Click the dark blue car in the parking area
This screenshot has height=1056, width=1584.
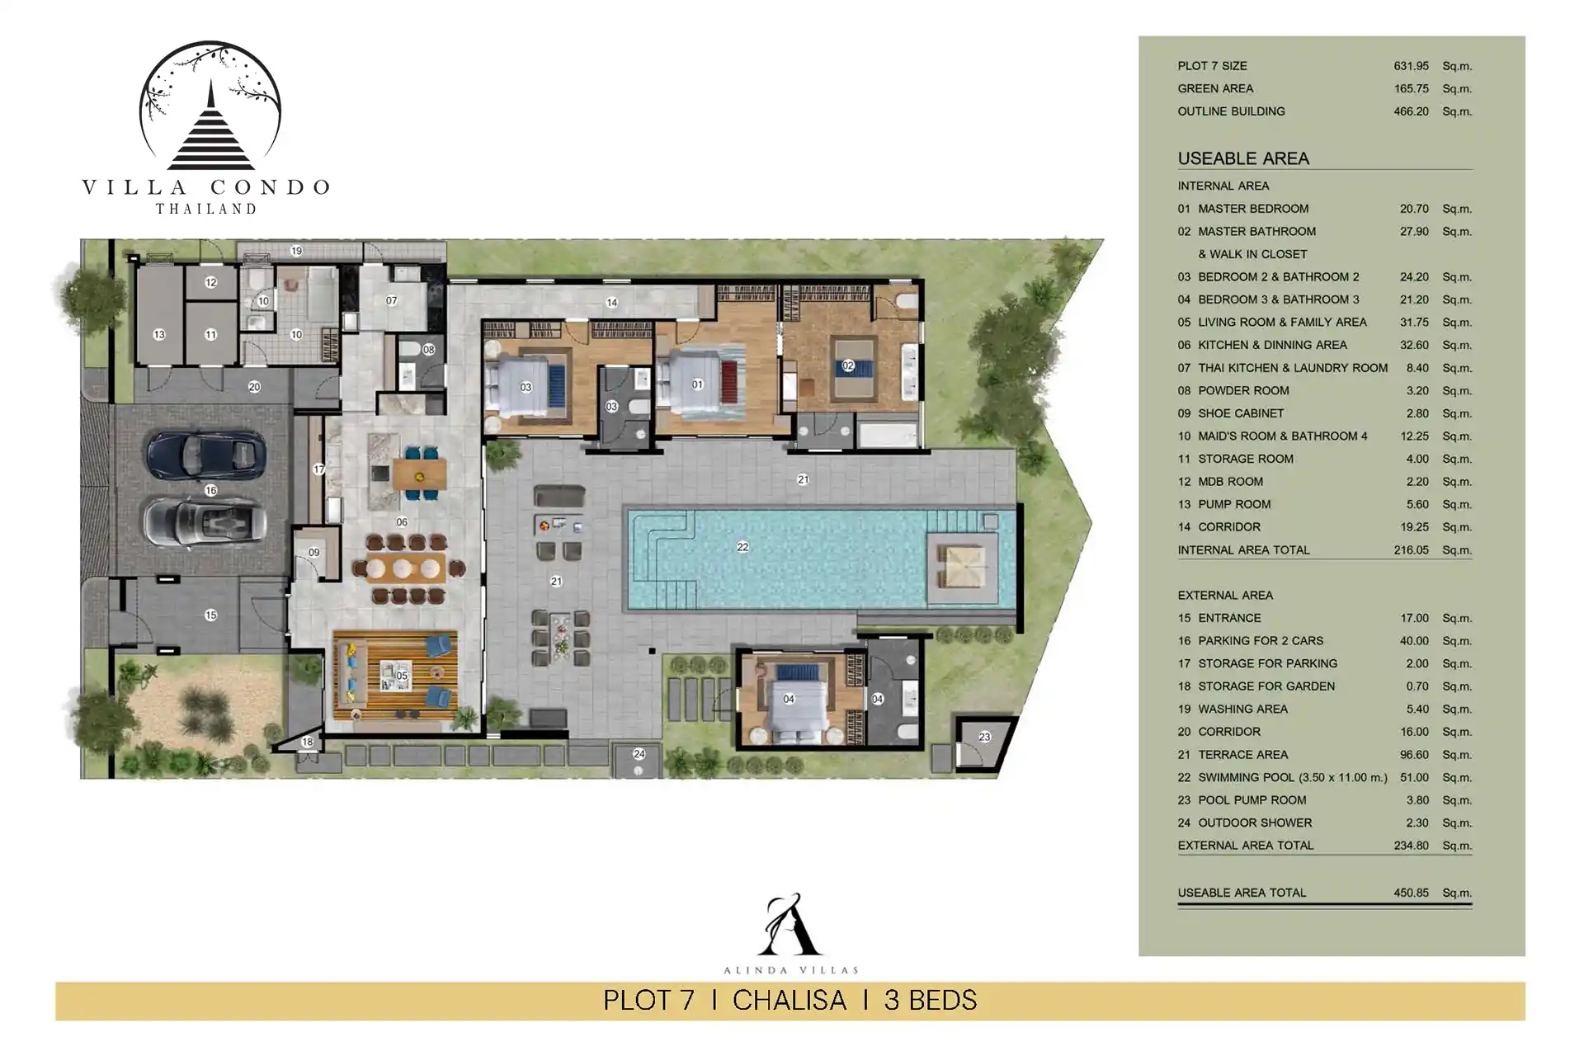coord(206,455)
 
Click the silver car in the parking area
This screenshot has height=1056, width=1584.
coord(205,521)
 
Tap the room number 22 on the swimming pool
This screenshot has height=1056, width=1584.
coord(742,547)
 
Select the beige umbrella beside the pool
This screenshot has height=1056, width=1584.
coord(964,568)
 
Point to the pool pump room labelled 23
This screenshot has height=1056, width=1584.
coord(983,742)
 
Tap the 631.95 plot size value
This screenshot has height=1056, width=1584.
coord(1411,66)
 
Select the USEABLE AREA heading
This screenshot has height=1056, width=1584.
coord(1243,158)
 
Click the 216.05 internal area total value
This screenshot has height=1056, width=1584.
coord(1411,550)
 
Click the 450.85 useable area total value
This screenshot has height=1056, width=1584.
coord(1411,893)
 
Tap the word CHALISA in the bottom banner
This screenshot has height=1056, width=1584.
coord(790,1001)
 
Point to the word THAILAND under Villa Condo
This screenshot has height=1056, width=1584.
coord(206,210)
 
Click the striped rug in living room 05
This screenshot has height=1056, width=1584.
coord(395,675)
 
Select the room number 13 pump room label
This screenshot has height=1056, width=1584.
coord(159,335)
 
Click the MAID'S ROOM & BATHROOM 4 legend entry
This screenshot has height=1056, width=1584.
coord(1283,436)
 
